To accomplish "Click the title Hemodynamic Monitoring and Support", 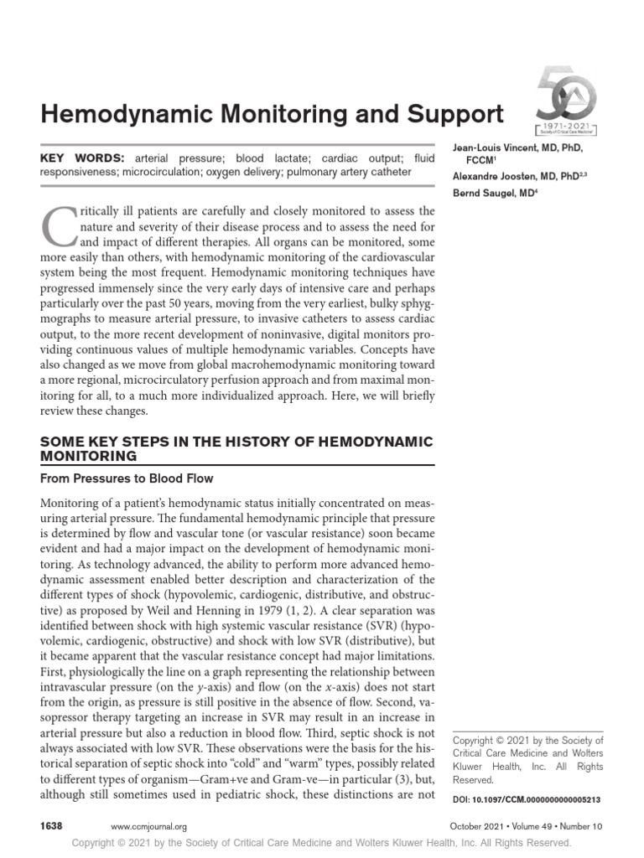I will pos(273,114).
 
